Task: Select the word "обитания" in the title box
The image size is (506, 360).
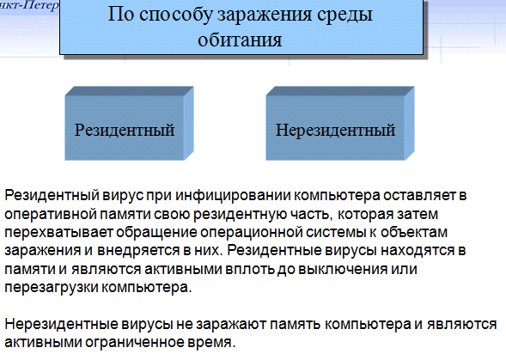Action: pyautogui.click(x=240, y=40)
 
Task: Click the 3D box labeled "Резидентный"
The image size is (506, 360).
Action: pyautogui.click(x=129, y=124)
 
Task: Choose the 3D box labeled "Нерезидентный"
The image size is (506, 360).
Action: pyautogui.click(x=340, y=124)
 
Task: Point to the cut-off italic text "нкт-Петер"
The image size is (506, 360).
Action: pyautogui.click(x=29, y=6)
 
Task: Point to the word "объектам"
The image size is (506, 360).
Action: pyautogui.click(x=414, y=233)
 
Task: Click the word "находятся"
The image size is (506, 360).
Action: pyautogui.click(x=417, y=251)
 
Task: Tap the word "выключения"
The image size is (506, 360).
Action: pyautogui.click(x=343, y=269)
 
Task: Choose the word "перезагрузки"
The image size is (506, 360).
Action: pyautogui.click(x=52, y=287)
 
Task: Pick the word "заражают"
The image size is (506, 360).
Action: pyautogui.click(x=231, y=324)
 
